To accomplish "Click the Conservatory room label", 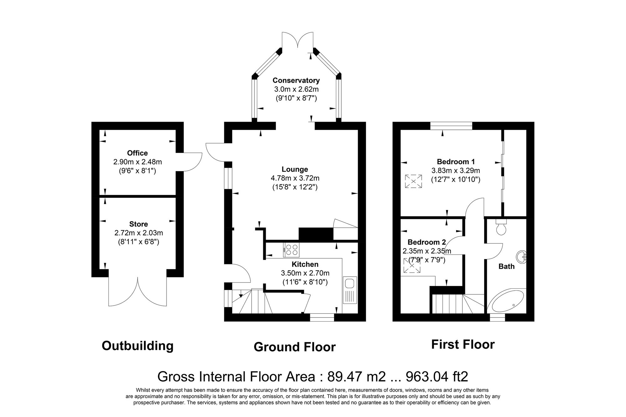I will point(296,80).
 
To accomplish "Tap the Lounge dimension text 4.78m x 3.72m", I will point(295,178).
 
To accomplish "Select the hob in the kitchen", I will point(291,250).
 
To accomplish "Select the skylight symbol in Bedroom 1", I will point(413,181).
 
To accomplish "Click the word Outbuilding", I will point(137,346).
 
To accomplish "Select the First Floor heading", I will point(463,344).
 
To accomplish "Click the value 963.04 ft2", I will point(437,377).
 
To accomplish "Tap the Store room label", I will point(138,224).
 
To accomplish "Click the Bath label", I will point(506,267).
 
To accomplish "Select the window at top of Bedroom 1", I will point(451,126).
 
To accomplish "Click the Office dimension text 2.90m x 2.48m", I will point(137,162).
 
